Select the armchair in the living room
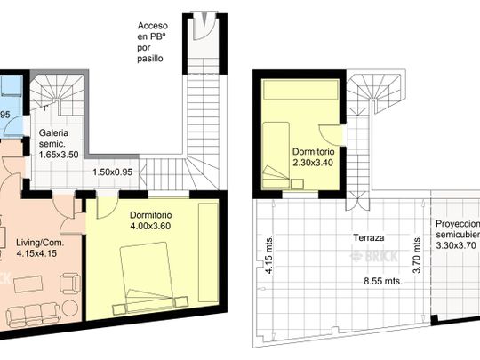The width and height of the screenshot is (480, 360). pos(68,284)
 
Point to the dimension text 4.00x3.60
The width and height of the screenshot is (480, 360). pos(150,227)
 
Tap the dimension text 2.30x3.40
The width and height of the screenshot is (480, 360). pos(313,163)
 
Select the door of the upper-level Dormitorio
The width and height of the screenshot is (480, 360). pos(332,134)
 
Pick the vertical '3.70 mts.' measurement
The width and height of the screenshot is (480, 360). pos(416,252)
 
